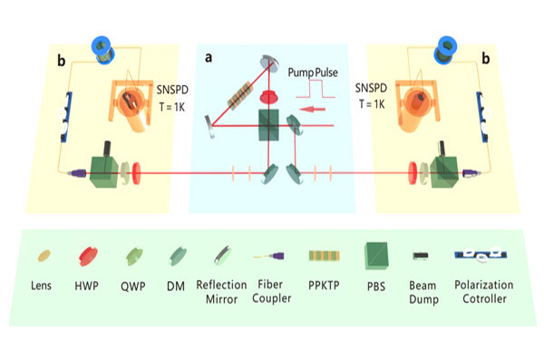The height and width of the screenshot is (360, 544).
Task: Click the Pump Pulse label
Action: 313,73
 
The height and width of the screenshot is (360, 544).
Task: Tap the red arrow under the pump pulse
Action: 312,110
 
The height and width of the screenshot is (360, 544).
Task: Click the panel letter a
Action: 209,57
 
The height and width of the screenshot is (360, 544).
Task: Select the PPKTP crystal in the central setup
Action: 239,95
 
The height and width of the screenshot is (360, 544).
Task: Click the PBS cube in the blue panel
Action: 268,125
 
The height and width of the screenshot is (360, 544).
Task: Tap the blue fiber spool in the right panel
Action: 445,50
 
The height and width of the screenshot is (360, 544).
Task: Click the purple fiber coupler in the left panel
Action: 78,173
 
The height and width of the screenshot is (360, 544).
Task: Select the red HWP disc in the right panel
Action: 413,172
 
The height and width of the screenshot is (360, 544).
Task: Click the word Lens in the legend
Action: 41,286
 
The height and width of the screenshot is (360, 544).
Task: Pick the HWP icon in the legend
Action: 88,257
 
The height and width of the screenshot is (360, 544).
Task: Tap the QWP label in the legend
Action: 133,287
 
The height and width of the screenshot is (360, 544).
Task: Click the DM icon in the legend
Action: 178,257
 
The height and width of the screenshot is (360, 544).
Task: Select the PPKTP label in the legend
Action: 324,286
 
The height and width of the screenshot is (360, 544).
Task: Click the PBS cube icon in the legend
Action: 376,256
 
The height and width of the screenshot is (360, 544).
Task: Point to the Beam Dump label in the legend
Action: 423,292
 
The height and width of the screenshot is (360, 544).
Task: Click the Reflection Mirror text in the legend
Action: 221,292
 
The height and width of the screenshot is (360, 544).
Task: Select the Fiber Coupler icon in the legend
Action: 268,257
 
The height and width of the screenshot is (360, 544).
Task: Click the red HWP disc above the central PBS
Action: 268,96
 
